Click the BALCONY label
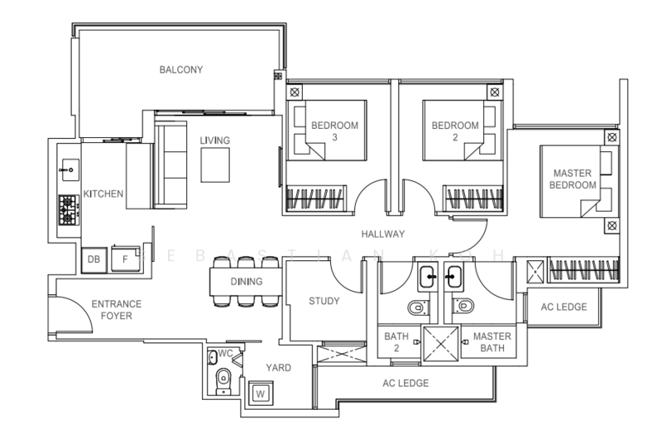point(181,69)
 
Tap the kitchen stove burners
point(69,210)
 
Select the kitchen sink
point(70,170)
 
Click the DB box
point(94,260)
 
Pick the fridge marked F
point(125,259)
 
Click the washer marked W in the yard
point(261,393)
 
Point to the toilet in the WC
point(223,382)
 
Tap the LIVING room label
point(215,141)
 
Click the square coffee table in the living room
point(215,164)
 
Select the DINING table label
point(247,281)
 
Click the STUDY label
point(324,301)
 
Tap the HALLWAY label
point(383,234)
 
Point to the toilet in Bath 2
point(419,307)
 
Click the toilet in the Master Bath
point(463,306)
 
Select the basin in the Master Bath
point(453,277)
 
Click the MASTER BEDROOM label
point(573,179)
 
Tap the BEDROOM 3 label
point(335,131)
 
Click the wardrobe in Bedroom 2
point(473,198)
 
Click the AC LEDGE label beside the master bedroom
point(564,307)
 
